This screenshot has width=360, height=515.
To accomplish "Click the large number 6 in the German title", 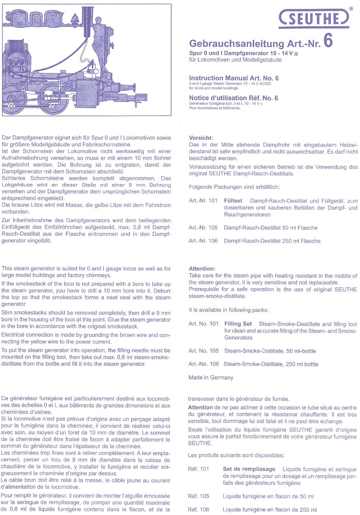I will tap(328, 40).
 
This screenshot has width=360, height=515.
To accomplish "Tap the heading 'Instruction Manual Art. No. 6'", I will tap(234, 78).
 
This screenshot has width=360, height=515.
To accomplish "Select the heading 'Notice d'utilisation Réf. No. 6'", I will tap(233, 98).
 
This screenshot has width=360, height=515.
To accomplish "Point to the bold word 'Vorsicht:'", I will tap(201, 138).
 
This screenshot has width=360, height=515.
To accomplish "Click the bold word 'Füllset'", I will tap(233, 201).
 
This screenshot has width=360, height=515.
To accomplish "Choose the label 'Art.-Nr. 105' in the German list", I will tap(203, 228).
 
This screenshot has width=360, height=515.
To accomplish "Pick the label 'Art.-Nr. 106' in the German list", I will tap(203, 241).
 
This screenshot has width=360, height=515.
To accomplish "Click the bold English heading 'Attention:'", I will tap(202, 269).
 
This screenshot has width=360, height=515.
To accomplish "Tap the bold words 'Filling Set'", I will tap(238, 324).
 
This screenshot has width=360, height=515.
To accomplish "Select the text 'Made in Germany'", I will tap(211, 377).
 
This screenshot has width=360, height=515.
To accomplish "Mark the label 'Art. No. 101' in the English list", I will tap(203, 324).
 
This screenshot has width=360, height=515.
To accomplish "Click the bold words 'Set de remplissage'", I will tap(249, 469).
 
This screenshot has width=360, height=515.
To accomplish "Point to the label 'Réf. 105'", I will tap(198, 496).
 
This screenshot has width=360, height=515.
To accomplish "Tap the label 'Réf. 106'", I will tap(198, 509).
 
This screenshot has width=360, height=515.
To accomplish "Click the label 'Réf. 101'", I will tap(198, 469).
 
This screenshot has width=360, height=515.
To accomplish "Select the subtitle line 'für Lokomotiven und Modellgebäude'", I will tap(235, 60).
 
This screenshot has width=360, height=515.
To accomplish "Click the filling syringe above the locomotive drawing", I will tap(87, 22).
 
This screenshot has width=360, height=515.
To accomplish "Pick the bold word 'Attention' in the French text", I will tap(200, 407).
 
